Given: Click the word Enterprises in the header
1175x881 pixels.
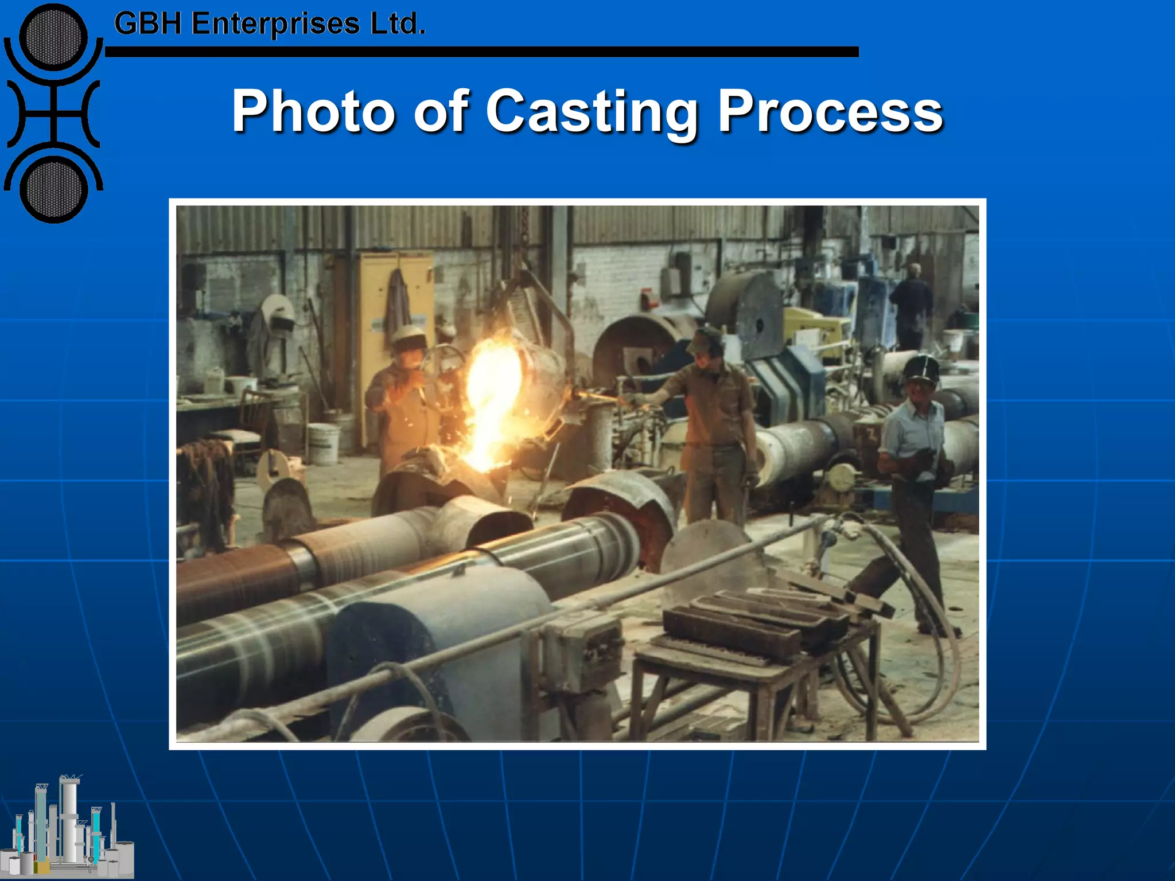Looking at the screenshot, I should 275,25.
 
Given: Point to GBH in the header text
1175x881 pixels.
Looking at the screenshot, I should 148,25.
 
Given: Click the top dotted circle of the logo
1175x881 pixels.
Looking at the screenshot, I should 53,37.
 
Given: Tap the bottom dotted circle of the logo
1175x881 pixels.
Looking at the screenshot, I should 53,189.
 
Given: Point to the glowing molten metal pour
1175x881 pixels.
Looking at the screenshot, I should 488,401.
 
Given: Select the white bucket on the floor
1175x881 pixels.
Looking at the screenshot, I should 323,443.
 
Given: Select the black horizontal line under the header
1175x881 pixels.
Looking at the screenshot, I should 482,52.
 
